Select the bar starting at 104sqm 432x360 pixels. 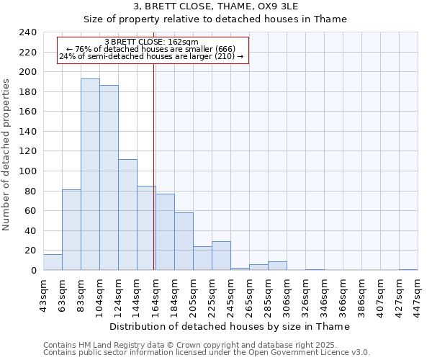tap(109, 177)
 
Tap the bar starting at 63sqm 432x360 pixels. tap(71, 230)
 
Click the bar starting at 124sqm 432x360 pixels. tap(127, 215)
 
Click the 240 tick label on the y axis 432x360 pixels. tap(28, 32)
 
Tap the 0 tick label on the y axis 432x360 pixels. tap(33, 271)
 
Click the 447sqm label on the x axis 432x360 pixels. tap(418, 294)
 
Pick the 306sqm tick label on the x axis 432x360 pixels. tap(287, 294)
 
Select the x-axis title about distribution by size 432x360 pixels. tap(230, 326)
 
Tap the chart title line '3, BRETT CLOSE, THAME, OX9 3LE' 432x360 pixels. tap(215, 6)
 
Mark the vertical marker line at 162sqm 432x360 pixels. tap(154, 166)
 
